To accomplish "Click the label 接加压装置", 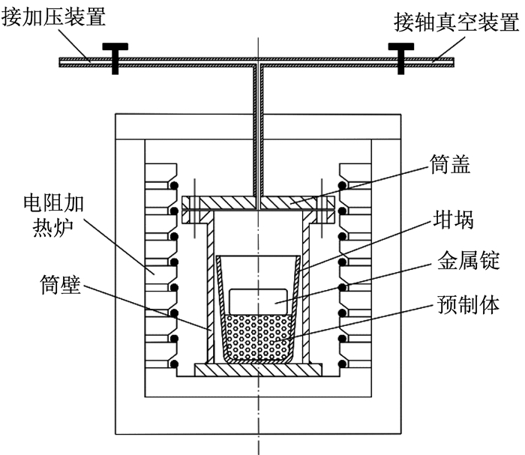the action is pos(54,16).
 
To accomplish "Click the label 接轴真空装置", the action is pos(457,22).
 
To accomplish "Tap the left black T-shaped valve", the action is pos(115,58).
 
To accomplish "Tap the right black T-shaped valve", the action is pos(400,58).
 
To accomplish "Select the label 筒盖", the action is pos(450,164).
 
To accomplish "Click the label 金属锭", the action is pos(469,260).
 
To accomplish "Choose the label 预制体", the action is pos(469,304).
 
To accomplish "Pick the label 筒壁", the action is pos(61,285).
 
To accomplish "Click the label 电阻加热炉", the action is pos(53,215).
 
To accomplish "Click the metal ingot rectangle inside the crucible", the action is pos(258,301).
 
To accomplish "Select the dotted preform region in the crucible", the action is pos(258,337).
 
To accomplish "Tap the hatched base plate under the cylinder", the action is pos(258,370).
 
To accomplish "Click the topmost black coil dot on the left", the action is pos(174,185).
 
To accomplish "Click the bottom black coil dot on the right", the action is pos(342,364).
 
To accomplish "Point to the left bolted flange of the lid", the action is pos(190,209).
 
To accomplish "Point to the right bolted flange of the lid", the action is pos(325,209).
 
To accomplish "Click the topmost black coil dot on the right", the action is pos(342,185).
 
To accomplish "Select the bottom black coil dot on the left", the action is pos(174,364).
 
